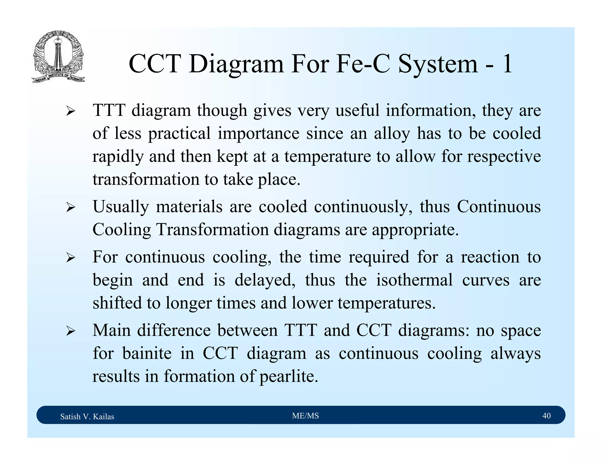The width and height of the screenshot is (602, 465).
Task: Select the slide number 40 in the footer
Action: (546, 416)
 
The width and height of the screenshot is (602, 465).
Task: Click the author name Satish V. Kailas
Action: (87, 417)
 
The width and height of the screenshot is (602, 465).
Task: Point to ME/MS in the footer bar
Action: (305, 416)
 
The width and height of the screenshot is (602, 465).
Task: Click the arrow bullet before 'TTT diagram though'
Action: (71, 111)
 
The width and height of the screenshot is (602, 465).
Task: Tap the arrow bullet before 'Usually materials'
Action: (71, 208)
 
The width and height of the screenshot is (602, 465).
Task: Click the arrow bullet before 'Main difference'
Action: (71, 331)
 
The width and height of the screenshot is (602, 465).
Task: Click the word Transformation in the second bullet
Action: (212, 229)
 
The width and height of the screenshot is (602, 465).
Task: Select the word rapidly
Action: (118, 157)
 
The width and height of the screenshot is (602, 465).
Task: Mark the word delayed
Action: (265, 280)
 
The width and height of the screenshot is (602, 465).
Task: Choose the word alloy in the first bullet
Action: (392, 134)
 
